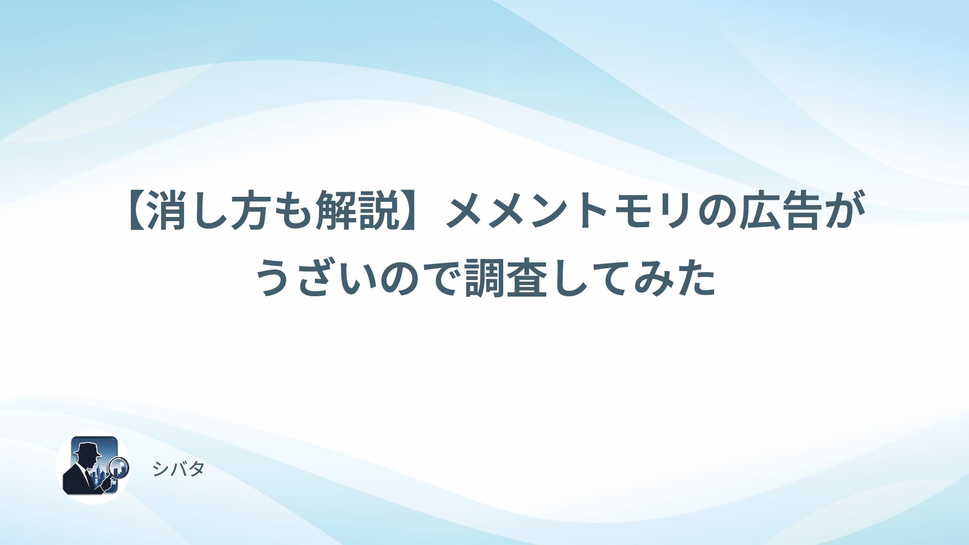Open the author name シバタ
[x=178, y=469]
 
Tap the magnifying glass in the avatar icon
[x=119, y=467]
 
